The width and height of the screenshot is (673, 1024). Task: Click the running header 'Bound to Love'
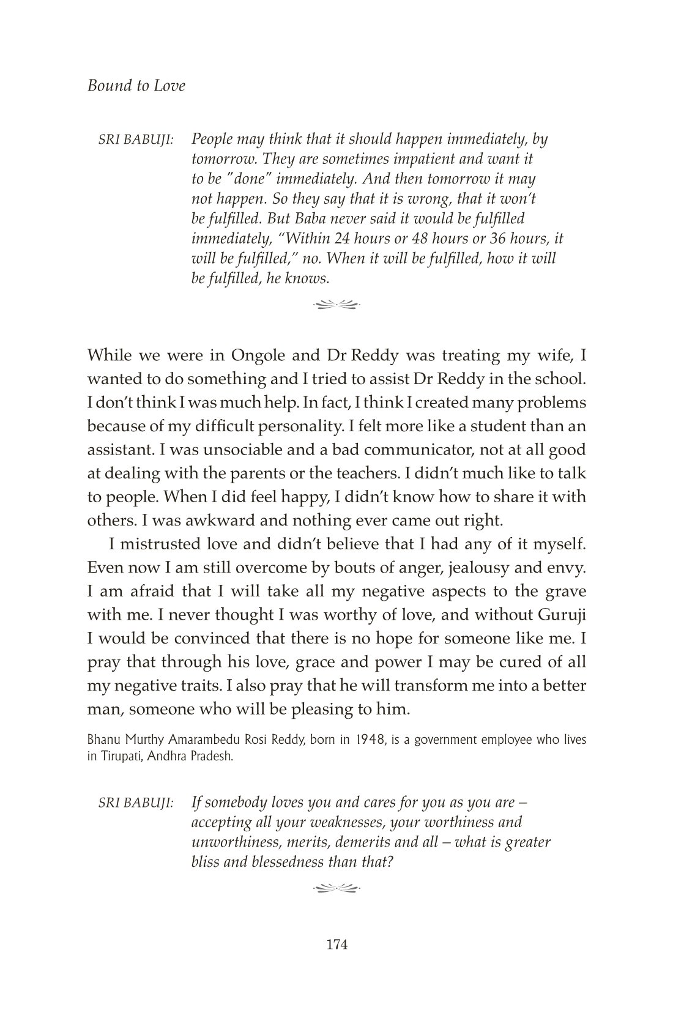[136, 86]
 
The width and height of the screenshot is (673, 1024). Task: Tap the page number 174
[336, 944]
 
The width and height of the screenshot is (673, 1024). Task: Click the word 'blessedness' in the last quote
[289, 862]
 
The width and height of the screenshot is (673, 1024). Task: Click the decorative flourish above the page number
[336, 886]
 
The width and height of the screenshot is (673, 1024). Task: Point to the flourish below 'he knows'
[336, 302]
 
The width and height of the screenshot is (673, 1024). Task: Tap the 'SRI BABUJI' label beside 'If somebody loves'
[136, 802]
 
